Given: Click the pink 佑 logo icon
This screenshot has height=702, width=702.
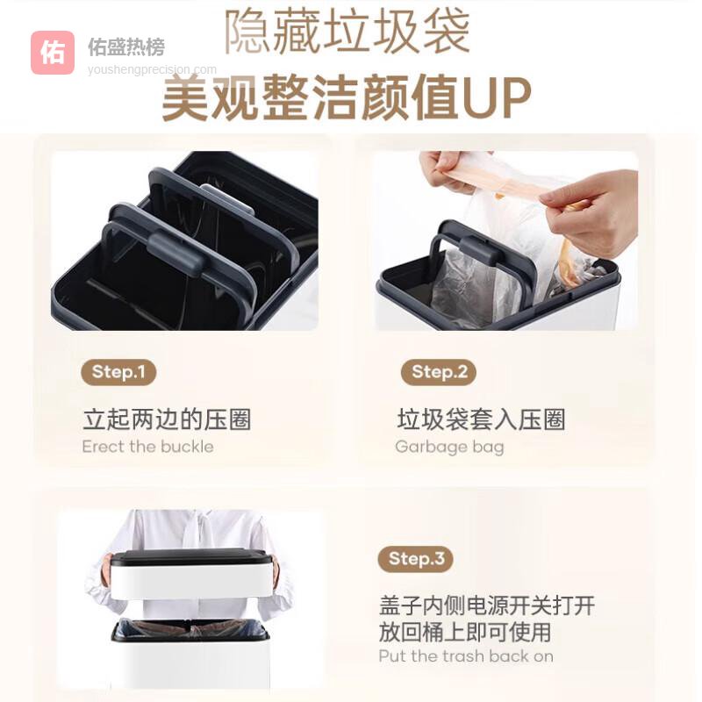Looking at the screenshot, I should click(53, 53).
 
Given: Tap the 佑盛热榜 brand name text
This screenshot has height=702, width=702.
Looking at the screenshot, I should click(126, 47).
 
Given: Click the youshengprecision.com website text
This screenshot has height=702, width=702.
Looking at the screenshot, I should click(152, 69).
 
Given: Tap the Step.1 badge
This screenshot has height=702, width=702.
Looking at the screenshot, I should click(118, 372).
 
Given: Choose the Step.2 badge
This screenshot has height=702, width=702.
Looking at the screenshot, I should click(439, 372).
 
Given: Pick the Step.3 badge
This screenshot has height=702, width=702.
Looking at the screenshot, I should click(416, 559).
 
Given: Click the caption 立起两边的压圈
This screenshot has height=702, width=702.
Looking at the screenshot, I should click(167, 419).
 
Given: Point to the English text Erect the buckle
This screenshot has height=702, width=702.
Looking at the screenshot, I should click(147, 447).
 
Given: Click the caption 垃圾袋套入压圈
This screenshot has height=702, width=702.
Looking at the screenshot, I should click(481, 419).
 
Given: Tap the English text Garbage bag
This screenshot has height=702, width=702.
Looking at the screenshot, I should click(449, 447).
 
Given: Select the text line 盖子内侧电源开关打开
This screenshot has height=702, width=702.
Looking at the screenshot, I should click(487, 605).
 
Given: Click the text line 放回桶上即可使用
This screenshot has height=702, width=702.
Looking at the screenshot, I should click(465, 631).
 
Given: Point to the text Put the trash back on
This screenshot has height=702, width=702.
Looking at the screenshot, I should click(466, 656).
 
